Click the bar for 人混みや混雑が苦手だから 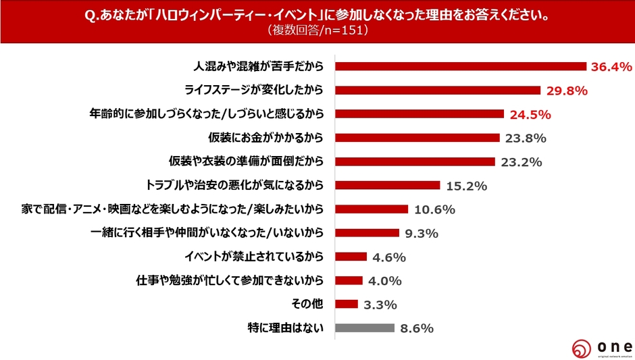460,66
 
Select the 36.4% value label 611,66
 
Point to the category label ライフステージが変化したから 255,90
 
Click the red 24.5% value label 530,114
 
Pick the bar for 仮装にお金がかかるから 417,138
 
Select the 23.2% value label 522,162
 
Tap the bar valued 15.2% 388,185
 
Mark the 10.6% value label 435,209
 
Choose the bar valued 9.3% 367,233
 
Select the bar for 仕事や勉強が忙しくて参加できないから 349,280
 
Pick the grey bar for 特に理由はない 365,328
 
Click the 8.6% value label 417,328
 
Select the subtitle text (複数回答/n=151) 317,31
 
